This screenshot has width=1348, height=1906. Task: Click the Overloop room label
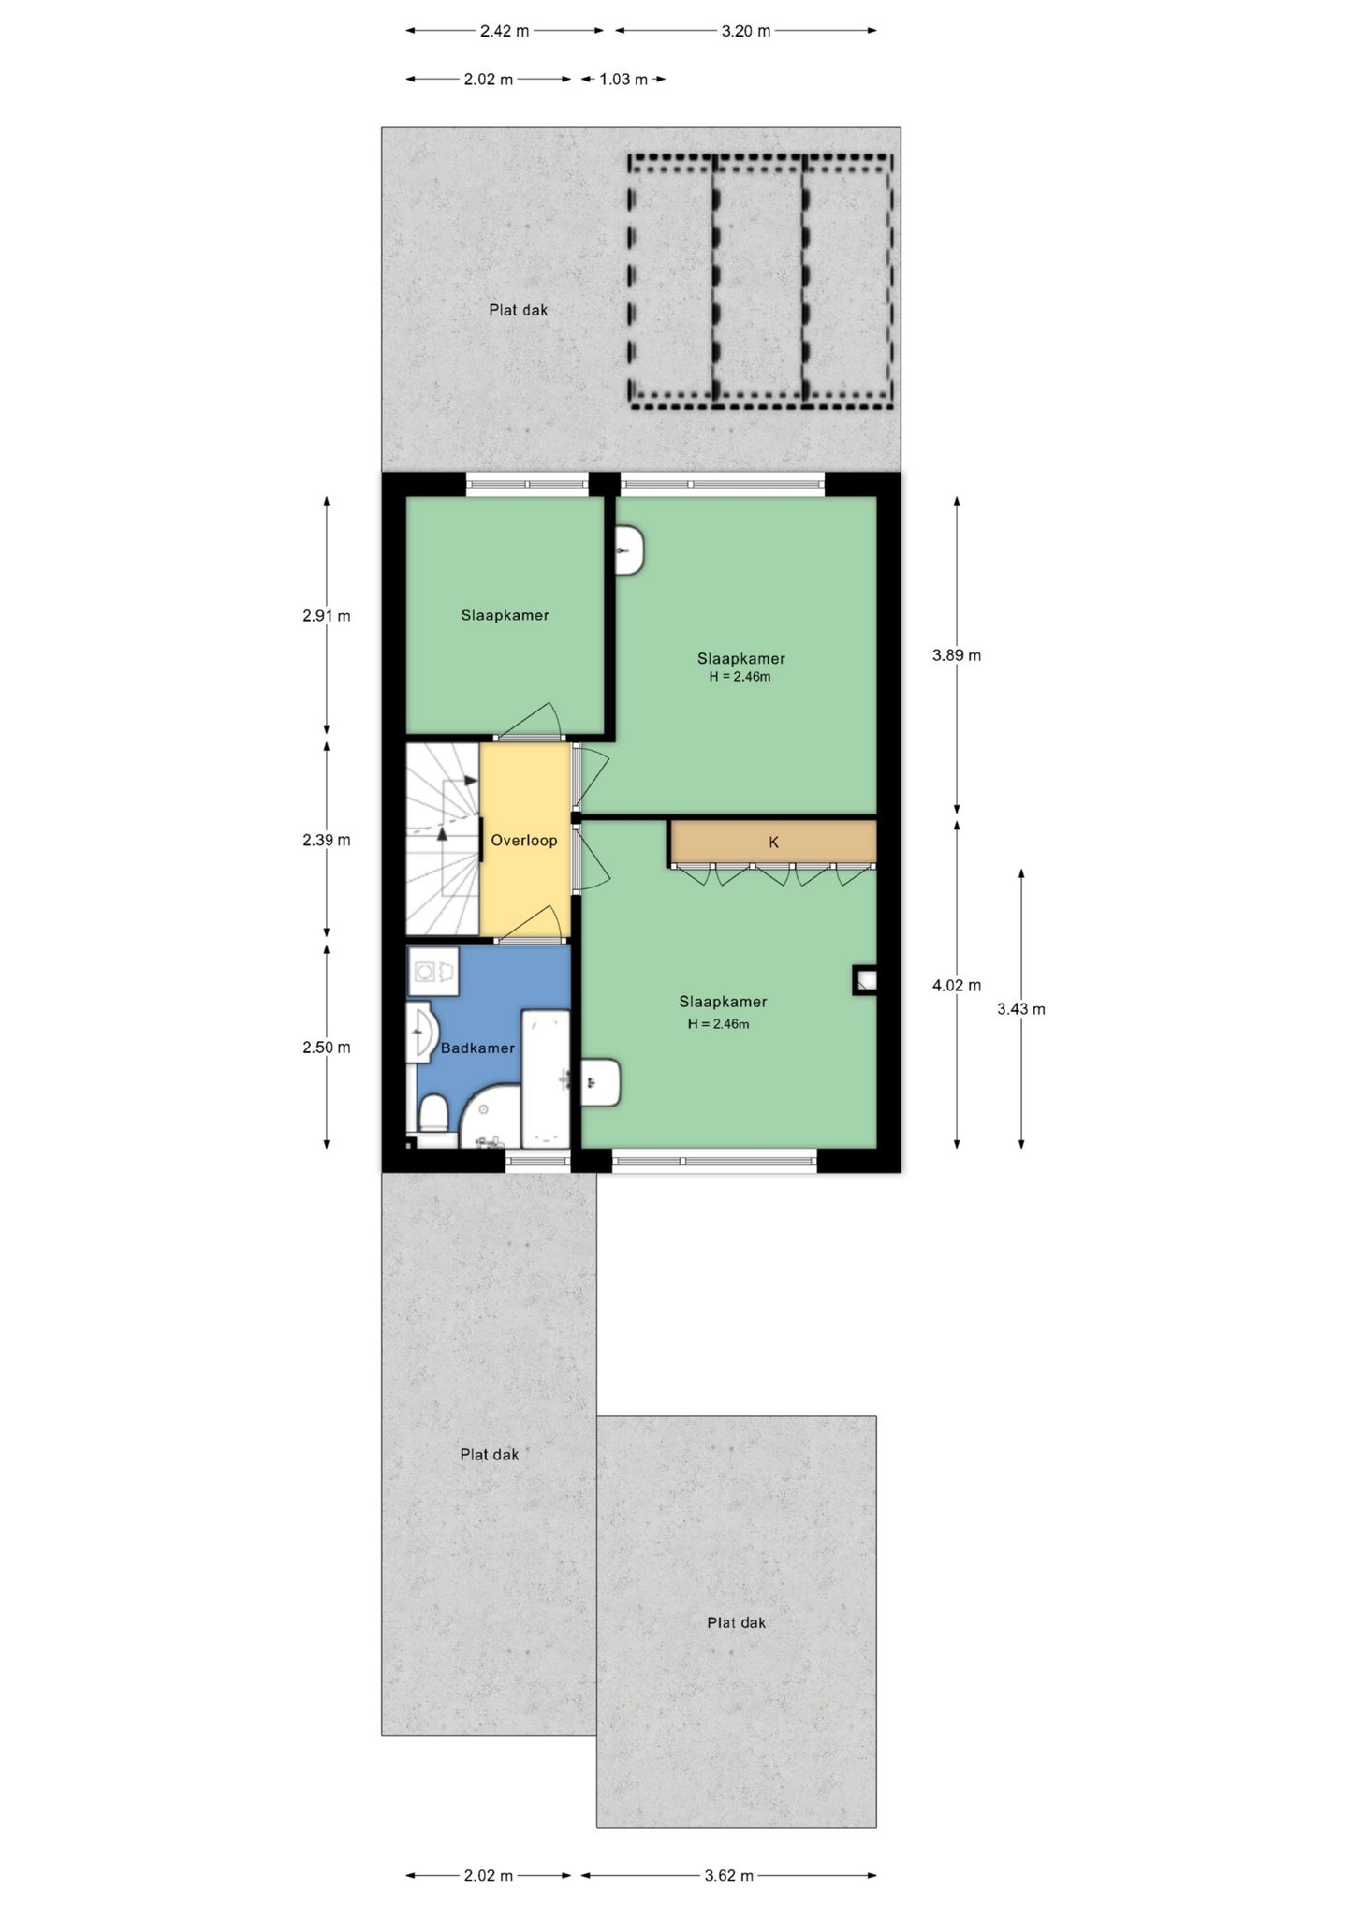(x=523, y=841)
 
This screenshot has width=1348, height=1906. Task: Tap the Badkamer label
(x=477, y=1048)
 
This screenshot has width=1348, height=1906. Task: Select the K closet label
(x=773, y=843)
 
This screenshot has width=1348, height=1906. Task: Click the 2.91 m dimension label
(x=326, y=616)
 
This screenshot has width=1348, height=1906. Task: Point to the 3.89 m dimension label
(x=956, y=655)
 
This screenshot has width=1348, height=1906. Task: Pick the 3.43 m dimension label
(x=1020, y=1009)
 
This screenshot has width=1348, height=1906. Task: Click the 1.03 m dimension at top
(x=623, y=80)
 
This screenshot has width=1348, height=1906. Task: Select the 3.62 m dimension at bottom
(x=728, y=1875)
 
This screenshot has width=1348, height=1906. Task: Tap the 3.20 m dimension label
(x=745, y=31)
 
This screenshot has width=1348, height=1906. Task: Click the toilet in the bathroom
(x=432, y=1118)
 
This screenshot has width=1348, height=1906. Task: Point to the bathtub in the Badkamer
(x=545, y=1078)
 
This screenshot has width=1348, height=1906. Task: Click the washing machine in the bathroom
(x=432, y=972)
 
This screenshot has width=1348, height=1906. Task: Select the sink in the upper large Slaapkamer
(x=630, y=550)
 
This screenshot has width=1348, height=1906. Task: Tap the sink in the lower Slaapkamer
(x=600, y=1083)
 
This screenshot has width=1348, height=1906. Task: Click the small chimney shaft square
(x=865, y=980)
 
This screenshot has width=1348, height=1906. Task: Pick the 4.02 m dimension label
(x=956, y=985)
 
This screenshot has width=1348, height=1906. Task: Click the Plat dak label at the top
(x=518, y=310)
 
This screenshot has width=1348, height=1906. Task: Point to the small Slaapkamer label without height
(x=505, y=616)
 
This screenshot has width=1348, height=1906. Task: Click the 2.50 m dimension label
(x=326, y=1048)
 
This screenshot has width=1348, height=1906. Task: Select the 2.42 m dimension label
(x=505, y=31)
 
